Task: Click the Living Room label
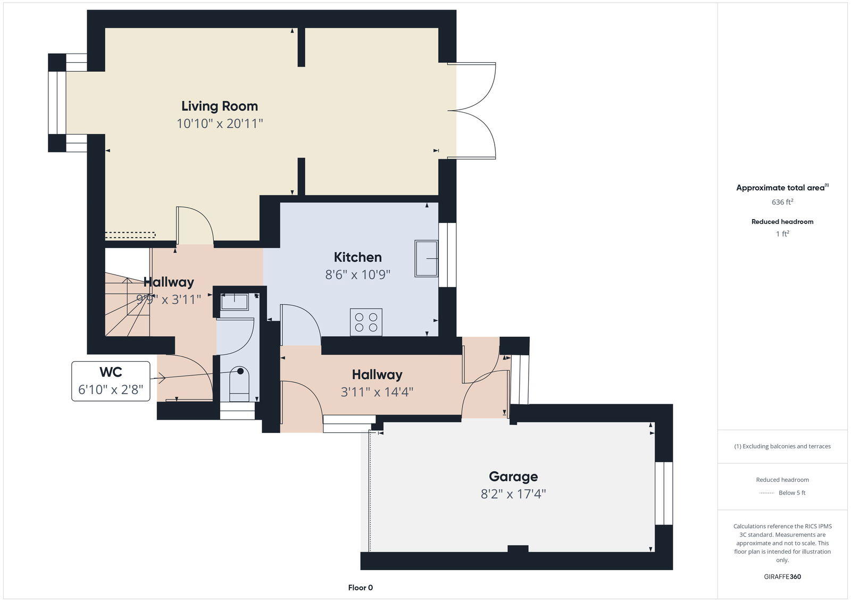(x=219, y=106)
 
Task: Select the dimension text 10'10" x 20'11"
(x=220, y=123)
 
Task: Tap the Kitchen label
(x=357, y=257)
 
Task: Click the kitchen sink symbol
(x=426, y=259)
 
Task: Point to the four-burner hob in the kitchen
(x=366, y=322)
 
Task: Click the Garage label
(x=513, y=476)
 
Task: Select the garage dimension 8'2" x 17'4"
(x=513, y=494)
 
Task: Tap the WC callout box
(x=111, y=381)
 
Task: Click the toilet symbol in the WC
(x=239, y=383)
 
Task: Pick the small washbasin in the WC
(x=234, y=302)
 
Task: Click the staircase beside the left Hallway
(x=127, y=306)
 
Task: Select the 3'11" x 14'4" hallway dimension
(x=377, y=392)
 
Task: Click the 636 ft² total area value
(x=782, y=202)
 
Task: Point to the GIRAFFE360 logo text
(x=782, y=577)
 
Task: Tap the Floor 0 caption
(x=360, y=588)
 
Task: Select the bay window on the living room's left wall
(x=57, y=103)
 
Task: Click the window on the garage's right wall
(x=663, y=493)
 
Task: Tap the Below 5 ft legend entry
(x=791, y=493)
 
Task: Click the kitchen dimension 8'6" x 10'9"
(x=357, y=274)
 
